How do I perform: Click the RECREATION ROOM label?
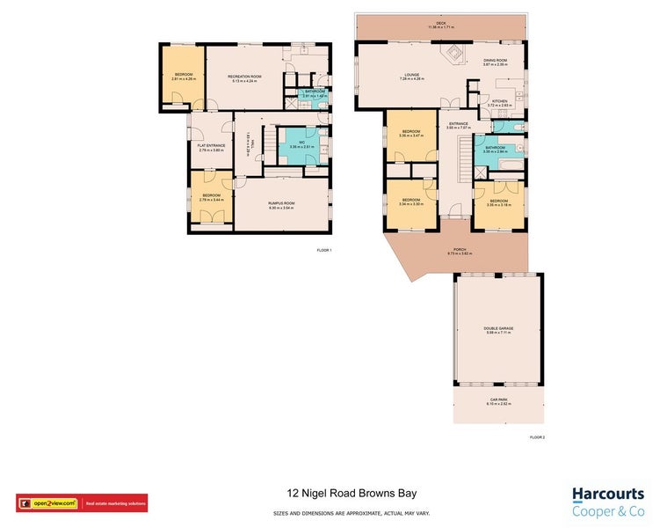tap(245, 77)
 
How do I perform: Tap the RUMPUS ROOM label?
tap(280, 203)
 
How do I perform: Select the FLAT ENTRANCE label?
tap(212, 145)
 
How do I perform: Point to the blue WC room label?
tap(301, 142)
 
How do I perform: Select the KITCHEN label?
tap(499, 101)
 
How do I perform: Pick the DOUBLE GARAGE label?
tap(498, 328)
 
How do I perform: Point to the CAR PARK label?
tap(498, 400)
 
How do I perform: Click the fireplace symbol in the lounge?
tap(454, 55)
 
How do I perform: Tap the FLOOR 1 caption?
tap(324, 251)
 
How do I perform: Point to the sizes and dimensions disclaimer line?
tap(333, 512)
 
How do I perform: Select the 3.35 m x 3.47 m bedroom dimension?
tap(411, 136)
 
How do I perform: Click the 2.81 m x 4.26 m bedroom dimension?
tap(184, 79)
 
